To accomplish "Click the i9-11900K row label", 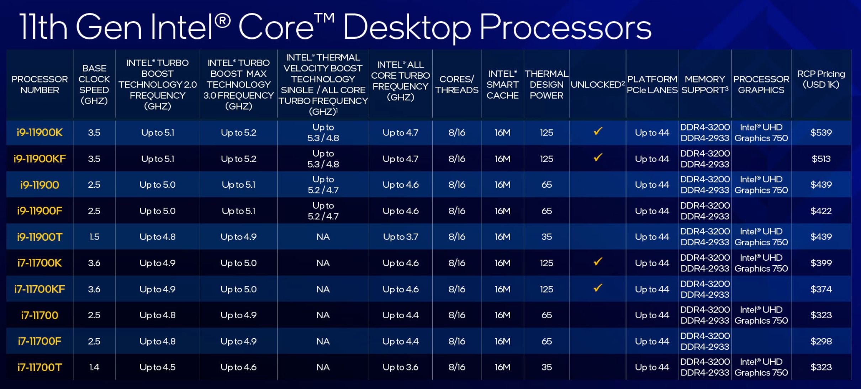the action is click(39, 133).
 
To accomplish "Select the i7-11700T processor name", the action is click(39, 367).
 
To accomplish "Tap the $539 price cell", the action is click(821, 133).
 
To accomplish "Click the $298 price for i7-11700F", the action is click(821, 341).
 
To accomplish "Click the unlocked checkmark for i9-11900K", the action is click(598, 131).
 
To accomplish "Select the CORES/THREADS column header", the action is click(457, 85).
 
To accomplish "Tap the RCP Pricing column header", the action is click(821, 79).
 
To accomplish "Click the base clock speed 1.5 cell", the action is click(94, 237).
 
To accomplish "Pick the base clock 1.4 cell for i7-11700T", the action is click(94, 367).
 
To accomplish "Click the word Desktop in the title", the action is click(407, 28).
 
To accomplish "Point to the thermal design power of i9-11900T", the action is click(546, 237).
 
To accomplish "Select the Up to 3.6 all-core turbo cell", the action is click(401, 367).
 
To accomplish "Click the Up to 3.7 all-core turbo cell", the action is click(401, 237).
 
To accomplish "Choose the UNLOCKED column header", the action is click(598, 85).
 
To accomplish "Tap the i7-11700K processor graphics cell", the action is click(761, 263).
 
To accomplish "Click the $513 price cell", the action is click(821, 159).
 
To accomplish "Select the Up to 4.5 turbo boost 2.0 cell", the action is click(157, 367).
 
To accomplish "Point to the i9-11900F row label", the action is click(39, 211).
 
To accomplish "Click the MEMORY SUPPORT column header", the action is click(705, 85).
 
